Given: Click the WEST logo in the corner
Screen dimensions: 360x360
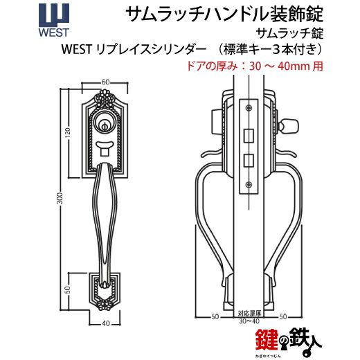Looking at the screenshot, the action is click(x=54, y=20).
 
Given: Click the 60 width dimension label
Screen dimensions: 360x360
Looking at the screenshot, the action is click(x=105, y=82).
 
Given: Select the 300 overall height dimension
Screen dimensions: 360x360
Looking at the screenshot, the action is click(x=60, y=198).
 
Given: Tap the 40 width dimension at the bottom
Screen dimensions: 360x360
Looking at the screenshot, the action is click(x=106, y=323).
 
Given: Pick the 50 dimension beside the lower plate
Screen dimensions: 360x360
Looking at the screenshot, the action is click(x=67, y=290).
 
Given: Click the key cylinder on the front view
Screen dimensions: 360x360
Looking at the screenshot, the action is click(x=105, y=123).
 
